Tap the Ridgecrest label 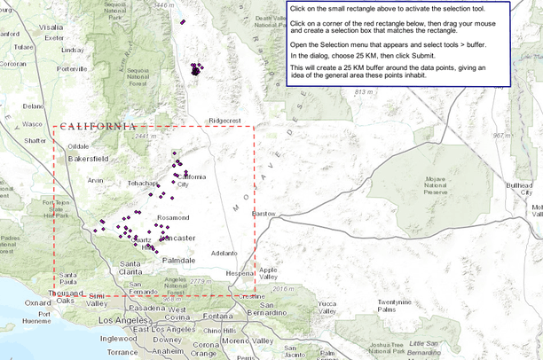click(224, 121)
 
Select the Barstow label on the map click(264, 214)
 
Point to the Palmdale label click(178, 260)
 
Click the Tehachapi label click(141, 183)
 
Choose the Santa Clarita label click(129, 269)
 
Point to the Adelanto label click(224, 253)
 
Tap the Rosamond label click(173, 217)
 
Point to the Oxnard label click(12, 302)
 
